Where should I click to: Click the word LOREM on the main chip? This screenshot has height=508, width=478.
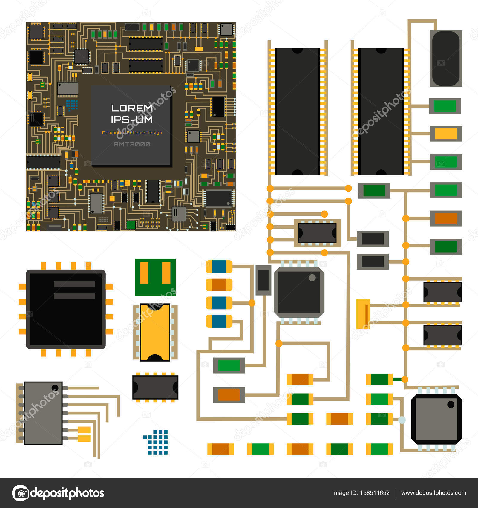click(x=132, y=108)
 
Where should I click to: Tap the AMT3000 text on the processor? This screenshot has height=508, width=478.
click(x=132, y=144)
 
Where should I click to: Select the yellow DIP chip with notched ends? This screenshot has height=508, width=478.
click(x=155, y=332)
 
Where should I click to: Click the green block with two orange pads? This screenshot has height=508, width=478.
click(x=155, y=277)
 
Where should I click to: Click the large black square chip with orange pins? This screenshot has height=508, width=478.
click(x=66, y=309)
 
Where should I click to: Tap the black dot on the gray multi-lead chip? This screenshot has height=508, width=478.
click(x=55, y=388)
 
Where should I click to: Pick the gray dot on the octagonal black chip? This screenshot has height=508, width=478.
click(x=312, y=278)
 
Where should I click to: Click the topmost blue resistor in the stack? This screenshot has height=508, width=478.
click(x=219, y=267)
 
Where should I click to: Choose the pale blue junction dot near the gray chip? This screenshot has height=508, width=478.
click(x=402, y=420)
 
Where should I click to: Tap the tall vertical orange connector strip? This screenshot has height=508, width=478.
click(x=364, y=314)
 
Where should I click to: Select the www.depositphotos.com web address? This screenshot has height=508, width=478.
click(x=433, y=493)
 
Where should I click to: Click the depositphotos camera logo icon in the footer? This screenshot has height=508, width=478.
click(x=20, y=493)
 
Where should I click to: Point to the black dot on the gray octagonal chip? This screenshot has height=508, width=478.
click(x=451, y=405)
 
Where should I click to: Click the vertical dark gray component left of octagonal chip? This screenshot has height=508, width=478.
click(x=263, y=280)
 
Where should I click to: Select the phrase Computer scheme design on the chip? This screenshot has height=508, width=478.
click(x=132, y=133)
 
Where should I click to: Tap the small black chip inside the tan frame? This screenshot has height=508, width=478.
click(x=317, y=233)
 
